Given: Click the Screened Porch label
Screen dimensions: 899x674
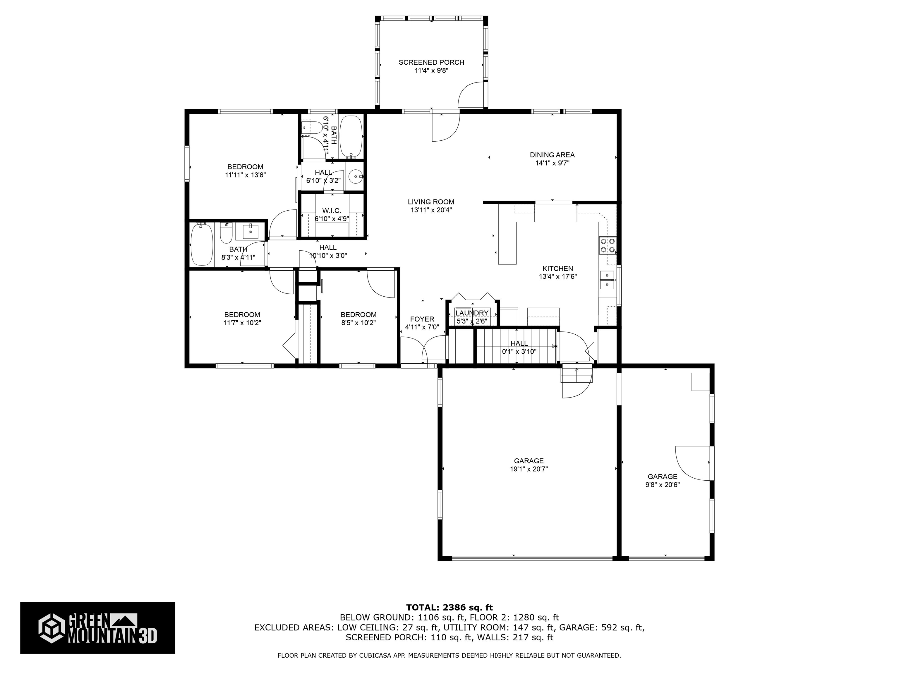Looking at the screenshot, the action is pos(431,62).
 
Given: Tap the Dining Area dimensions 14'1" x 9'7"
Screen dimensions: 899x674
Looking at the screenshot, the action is pos(552,163).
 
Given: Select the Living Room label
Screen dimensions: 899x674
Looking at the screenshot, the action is pos(431,202).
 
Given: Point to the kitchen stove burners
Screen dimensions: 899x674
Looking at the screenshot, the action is pos(608,245).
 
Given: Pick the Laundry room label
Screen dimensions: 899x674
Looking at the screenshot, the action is pos(471,313).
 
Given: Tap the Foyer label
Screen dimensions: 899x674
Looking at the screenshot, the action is pos(422,319).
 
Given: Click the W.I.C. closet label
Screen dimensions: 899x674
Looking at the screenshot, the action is pos(332,211).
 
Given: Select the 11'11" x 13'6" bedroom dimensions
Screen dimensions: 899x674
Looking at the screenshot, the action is pos(246,175).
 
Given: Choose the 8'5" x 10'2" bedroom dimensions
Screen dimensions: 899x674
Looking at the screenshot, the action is pos(358,323).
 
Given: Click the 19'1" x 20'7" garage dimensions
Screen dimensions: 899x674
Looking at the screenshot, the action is pos(529,469).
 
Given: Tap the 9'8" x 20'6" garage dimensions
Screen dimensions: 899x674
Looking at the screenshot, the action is pos(663,485).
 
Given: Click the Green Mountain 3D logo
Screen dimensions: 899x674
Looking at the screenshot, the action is pos(97,628).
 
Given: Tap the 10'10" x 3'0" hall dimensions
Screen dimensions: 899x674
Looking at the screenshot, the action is pos(328,256).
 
